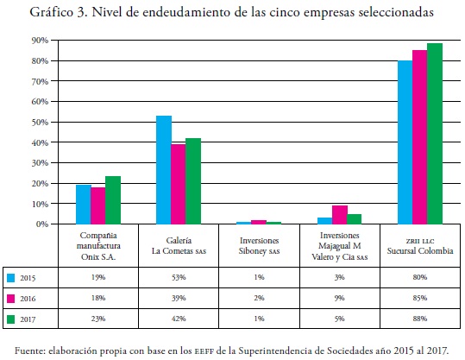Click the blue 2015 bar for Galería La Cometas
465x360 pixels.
click(x=164, y=170)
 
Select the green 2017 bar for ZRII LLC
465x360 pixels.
click(x=435, y=134)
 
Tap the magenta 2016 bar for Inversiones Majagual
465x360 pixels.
click(x=340, y=215)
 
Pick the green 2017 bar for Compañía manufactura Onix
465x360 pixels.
click(x=113, y=200)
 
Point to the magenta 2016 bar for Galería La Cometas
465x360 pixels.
click(x=179, y=184)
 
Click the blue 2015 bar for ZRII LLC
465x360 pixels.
click(x=405, y=142)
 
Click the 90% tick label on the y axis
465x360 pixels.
click(x=40, y=41)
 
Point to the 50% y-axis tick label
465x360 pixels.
click(x=40, y=122)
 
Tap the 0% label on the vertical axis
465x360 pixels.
click(x=42, y=224)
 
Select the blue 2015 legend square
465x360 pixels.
click(x=10, y=278)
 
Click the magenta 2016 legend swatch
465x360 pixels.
click(x=10, y=298)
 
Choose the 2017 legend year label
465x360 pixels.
click(x=28, y=319)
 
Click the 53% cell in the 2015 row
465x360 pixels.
click(x=179, y=277)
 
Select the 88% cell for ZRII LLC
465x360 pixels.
click(x=420, y=319)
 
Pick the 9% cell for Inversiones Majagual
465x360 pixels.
click(x=340, y=298)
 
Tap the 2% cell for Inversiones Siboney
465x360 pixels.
click(x=259, y=298)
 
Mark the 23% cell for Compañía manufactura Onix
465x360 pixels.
click(x=98, y=319)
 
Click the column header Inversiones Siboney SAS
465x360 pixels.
click(x=259, y=246)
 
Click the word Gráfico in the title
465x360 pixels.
click(x=51, y=12)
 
